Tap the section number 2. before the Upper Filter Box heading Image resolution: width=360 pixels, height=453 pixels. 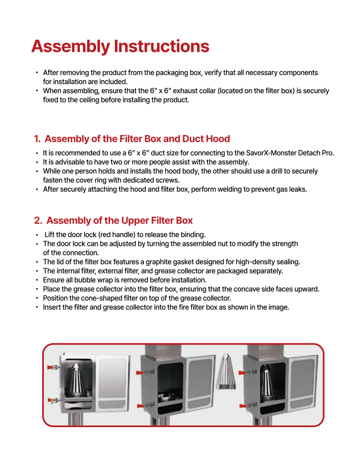38,221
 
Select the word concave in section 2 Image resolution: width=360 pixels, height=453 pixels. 261,289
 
